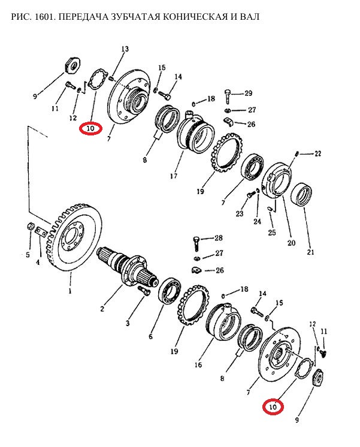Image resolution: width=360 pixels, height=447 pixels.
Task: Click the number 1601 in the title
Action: [43, 17]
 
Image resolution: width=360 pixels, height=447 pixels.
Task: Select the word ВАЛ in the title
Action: [249, 17]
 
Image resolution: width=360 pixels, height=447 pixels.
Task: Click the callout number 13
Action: [125, 49]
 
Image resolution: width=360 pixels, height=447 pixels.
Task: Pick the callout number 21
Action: [310, 252]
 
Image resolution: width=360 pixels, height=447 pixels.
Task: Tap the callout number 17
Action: [174, 176]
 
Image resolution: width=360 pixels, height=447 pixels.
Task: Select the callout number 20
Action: [291, 243]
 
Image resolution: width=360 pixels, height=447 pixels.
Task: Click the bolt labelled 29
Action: [227, 96]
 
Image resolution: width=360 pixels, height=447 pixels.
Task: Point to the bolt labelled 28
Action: [196, 243]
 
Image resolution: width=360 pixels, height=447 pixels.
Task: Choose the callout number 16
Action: [198, 365]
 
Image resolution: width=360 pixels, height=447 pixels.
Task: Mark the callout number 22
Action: [317, 153]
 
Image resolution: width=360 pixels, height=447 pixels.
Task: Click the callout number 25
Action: [271, 232]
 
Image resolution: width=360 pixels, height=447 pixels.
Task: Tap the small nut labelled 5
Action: [30, 226]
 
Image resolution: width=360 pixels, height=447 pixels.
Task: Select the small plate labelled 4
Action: [41, 231]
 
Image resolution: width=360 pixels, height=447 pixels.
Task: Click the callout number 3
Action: [128, 323]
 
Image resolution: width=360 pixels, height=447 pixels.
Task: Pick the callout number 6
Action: [150, 337]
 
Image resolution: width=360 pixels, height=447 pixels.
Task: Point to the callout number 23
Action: [240, 213]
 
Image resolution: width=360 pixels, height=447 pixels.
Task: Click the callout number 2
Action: [102, 309]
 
